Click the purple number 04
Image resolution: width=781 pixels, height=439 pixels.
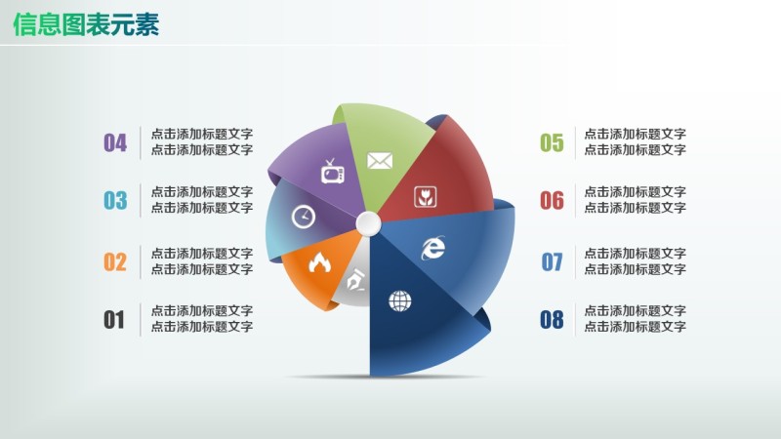pos(115,143)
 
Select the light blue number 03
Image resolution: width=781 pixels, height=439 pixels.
pos(115,201)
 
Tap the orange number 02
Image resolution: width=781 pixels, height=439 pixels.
pos(115,261)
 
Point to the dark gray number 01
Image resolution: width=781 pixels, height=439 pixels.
pos(114,320)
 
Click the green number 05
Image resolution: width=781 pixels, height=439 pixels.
pos(552,143)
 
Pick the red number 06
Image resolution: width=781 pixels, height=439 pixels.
pos(552,201)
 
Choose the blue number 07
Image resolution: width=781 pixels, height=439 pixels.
pos(552,261)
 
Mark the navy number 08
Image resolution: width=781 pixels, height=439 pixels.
pos(552,320)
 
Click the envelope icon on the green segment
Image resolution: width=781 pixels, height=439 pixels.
pos(379,161)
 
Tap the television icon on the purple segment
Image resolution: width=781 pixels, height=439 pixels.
pos(333,173)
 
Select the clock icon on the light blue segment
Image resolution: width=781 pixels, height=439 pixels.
pos(304,217)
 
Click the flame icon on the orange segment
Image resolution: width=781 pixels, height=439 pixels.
pos(318,261)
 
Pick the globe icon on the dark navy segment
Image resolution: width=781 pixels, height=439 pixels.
pos(400,300)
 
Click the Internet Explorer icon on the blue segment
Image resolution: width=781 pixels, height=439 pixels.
pos(432,248)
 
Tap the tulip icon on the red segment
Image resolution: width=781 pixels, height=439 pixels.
pos(424,194)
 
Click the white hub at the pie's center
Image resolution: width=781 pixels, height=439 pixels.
pos(368,224)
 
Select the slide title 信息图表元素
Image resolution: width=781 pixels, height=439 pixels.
pos(87,24)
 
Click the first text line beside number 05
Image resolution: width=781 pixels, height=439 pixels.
pos(635,135)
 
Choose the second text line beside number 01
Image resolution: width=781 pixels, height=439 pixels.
pos(202,327)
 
